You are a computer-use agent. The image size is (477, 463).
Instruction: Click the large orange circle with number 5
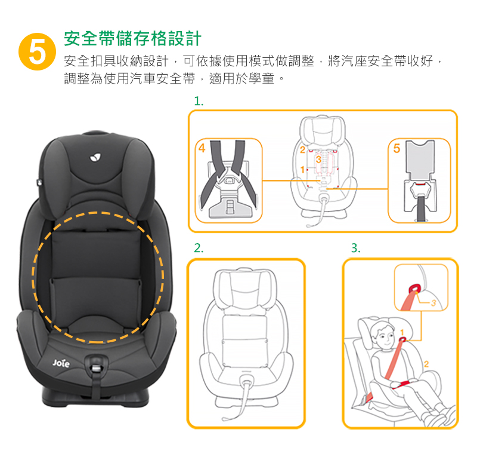37,51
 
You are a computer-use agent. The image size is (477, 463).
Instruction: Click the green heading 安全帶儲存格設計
132,39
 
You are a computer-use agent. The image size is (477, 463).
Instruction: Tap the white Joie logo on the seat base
61,363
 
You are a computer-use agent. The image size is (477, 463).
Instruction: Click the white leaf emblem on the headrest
95,158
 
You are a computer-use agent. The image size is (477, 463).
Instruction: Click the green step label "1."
199,101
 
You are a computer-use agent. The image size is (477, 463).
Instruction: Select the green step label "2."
199,248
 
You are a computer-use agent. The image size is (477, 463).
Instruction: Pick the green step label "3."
355,248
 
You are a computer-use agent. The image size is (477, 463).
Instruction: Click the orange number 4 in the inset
202,148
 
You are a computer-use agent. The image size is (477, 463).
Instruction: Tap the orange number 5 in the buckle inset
397,148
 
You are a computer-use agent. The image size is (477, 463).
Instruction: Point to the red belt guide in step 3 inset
415,288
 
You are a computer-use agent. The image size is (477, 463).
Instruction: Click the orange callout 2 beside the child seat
426,364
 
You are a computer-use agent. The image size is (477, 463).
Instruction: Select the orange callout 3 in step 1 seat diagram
318,159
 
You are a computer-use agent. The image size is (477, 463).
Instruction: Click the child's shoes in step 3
440,416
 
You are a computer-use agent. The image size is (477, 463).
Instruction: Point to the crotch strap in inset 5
421,208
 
